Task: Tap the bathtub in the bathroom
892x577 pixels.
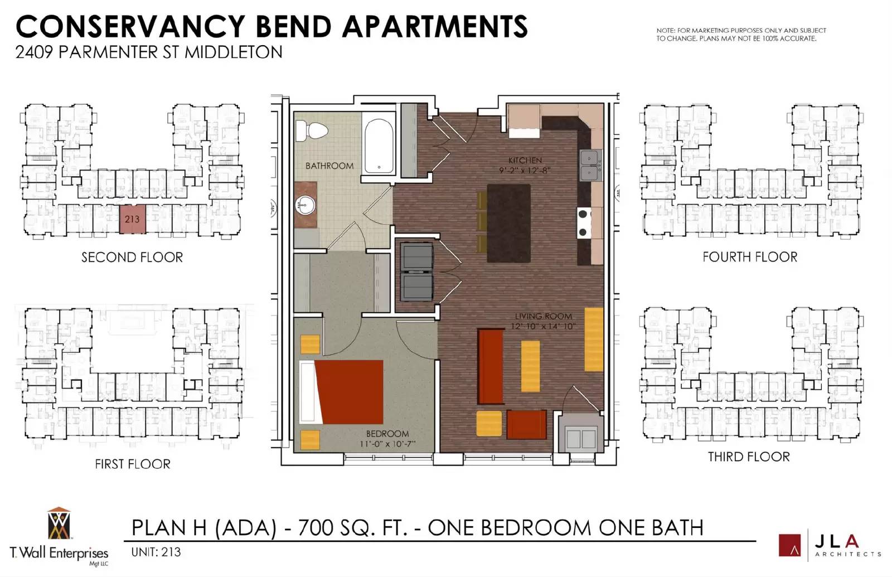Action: (379, 146)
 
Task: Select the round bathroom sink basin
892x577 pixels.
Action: (306, 206)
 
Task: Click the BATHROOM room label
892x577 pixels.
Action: (329, 166)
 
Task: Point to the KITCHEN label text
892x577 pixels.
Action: (525, 160)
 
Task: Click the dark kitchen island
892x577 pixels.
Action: (508, 223)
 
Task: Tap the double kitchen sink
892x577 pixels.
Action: (590, 165)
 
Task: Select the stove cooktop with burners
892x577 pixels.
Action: (584, 223)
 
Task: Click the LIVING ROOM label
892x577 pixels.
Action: (543, 316)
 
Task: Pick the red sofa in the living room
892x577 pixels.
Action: (491, 366)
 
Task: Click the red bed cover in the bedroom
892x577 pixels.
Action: (349, 392)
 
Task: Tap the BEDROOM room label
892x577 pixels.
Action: (387, 434)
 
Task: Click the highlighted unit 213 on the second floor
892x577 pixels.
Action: (132, 219)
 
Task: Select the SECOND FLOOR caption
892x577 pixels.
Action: (132, 257)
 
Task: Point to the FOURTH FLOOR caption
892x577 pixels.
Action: (750, 257)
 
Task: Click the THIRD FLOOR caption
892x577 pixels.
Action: (749, 457)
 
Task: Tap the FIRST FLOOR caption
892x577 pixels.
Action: (133, 464)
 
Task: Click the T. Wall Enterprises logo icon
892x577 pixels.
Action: (59, 523)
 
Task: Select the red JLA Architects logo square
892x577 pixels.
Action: (789, 545)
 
